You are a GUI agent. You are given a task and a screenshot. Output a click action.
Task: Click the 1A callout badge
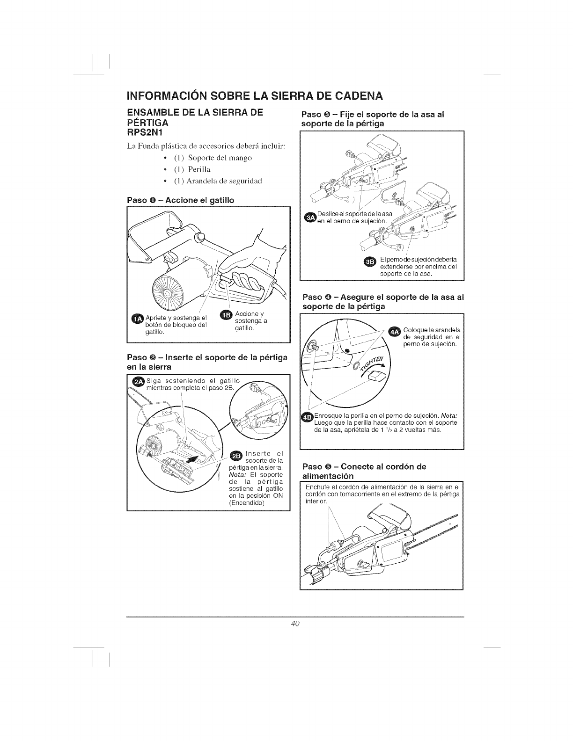point(138,319)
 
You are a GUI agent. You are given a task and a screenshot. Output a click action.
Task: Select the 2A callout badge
point(139,381)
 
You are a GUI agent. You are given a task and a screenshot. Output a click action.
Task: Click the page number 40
point(295,623)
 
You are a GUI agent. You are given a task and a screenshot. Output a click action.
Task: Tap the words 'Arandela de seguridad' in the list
point(219,181)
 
